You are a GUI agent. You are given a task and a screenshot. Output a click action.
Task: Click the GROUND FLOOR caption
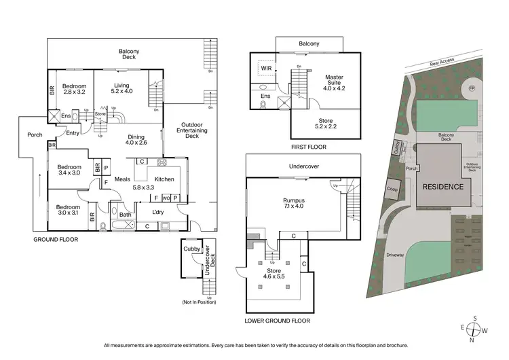pyautogui.click(x=56, y=240)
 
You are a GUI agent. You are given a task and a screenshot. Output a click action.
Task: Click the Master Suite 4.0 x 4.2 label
pyautogui.click(x=334, y=84)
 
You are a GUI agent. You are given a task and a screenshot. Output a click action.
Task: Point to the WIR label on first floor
pyautogui.click(x=265, y=68)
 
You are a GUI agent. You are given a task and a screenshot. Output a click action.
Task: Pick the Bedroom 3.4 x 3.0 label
pyautogui.click(x=69, y=170)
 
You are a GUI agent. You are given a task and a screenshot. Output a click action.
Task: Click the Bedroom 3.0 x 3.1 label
pyautogui.click(x=68, y=211)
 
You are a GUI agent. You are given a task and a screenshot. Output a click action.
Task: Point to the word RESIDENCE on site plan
pyautogui.click(x=443, y=186)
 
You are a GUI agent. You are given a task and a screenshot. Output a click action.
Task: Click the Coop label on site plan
pyautogui.click(x=392, y=190)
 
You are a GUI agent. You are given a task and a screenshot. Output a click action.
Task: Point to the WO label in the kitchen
pyautogui.click(x=165, y=198)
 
